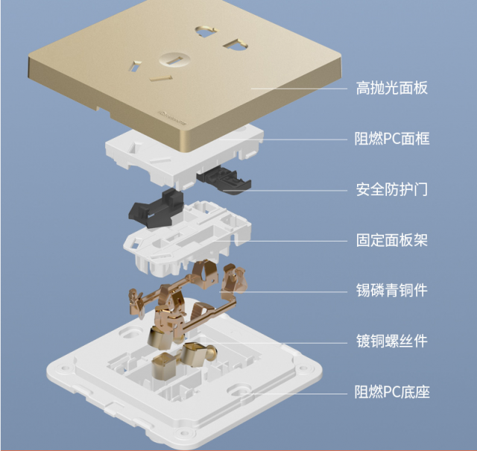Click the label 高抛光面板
tap(391, 89)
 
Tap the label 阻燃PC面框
tap(391, 139)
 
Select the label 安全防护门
tap(391, 189)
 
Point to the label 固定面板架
tap(391, 241)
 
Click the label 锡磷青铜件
tap(391, 291)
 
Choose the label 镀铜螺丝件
tap(391, 341)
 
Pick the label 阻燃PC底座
tap(391, 392)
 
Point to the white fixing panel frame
tap(186, 239)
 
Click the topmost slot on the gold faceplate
tap(204, 31)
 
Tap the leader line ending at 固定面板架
tap(298, 241)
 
